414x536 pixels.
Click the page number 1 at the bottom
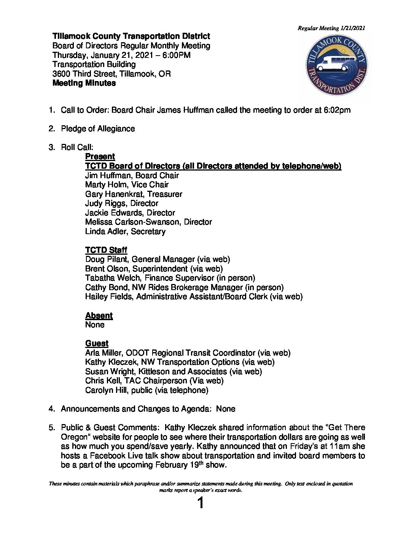(x=201, y=504)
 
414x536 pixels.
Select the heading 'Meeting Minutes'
(x=84, y=83)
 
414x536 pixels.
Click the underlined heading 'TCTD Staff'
(x=106, y=250)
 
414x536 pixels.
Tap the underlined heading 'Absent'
(x=99, y=316)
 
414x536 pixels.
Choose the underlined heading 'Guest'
(x=97, y=343)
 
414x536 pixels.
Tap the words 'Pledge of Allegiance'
(x=98, y=129)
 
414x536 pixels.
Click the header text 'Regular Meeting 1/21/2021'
(x=331, y=28)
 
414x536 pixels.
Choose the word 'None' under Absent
(x=95, y=325)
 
